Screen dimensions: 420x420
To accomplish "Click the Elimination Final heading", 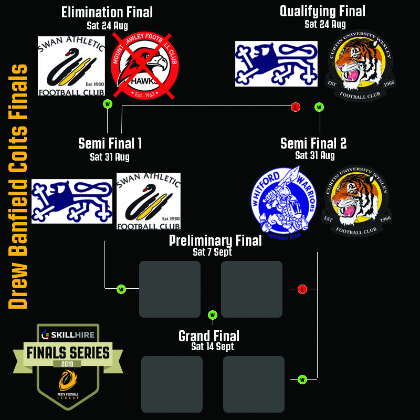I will click(107, 13).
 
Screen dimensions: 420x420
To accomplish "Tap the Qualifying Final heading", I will click(322, 12).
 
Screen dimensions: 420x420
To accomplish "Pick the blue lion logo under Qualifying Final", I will click(276, 64).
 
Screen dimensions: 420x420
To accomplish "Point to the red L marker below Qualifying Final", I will click(296, 107).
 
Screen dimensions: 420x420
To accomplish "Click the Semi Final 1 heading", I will click(110, 143).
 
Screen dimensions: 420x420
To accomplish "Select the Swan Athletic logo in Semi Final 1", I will click(149, 201).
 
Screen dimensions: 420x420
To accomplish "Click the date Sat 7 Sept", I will click(212, 252).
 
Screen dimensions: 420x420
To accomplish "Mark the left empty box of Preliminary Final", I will click(170, 289).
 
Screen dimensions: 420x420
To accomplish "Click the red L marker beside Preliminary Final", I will click(302, 289).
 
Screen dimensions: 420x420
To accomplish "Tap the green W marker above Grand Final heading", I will click(213, 315).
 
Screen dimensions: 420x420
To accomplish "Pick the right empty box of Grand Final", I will click(254, 384).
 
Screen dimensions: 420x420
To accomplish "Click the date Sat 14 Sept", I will click(213, 346).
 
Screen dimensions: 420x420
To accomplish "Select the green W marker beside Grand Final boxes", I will click(302, 379).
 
